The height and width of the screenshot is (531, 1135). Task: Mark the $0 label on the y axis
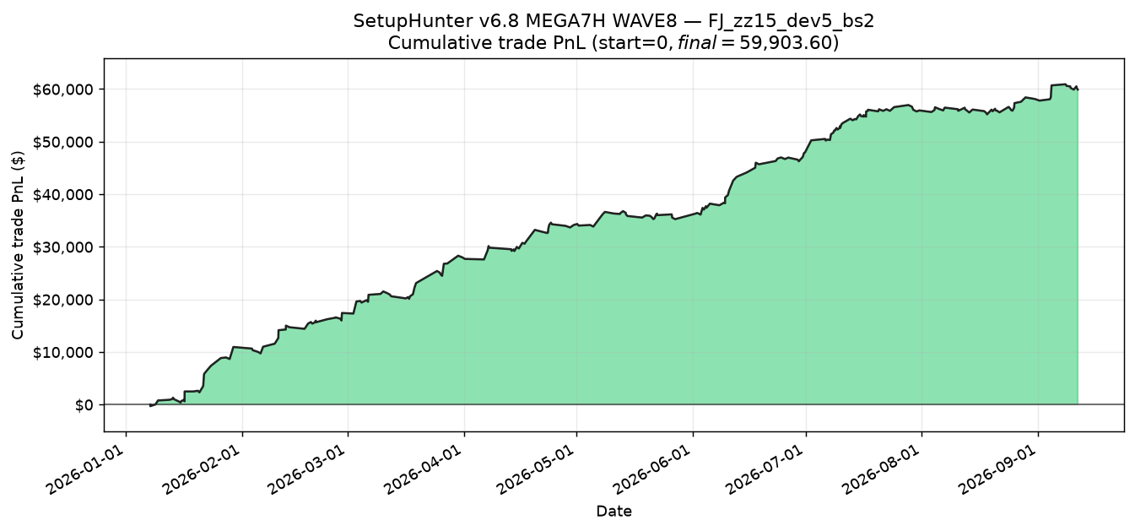click(84, 405)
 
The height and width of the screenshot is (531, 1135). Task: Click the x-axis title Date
click(613, 512)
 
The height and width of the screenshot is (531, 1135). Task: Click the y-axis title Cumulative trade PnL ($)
click(18, 245)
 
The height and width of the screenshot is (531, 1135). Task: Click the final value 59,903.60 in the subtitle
click(784, 43)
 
